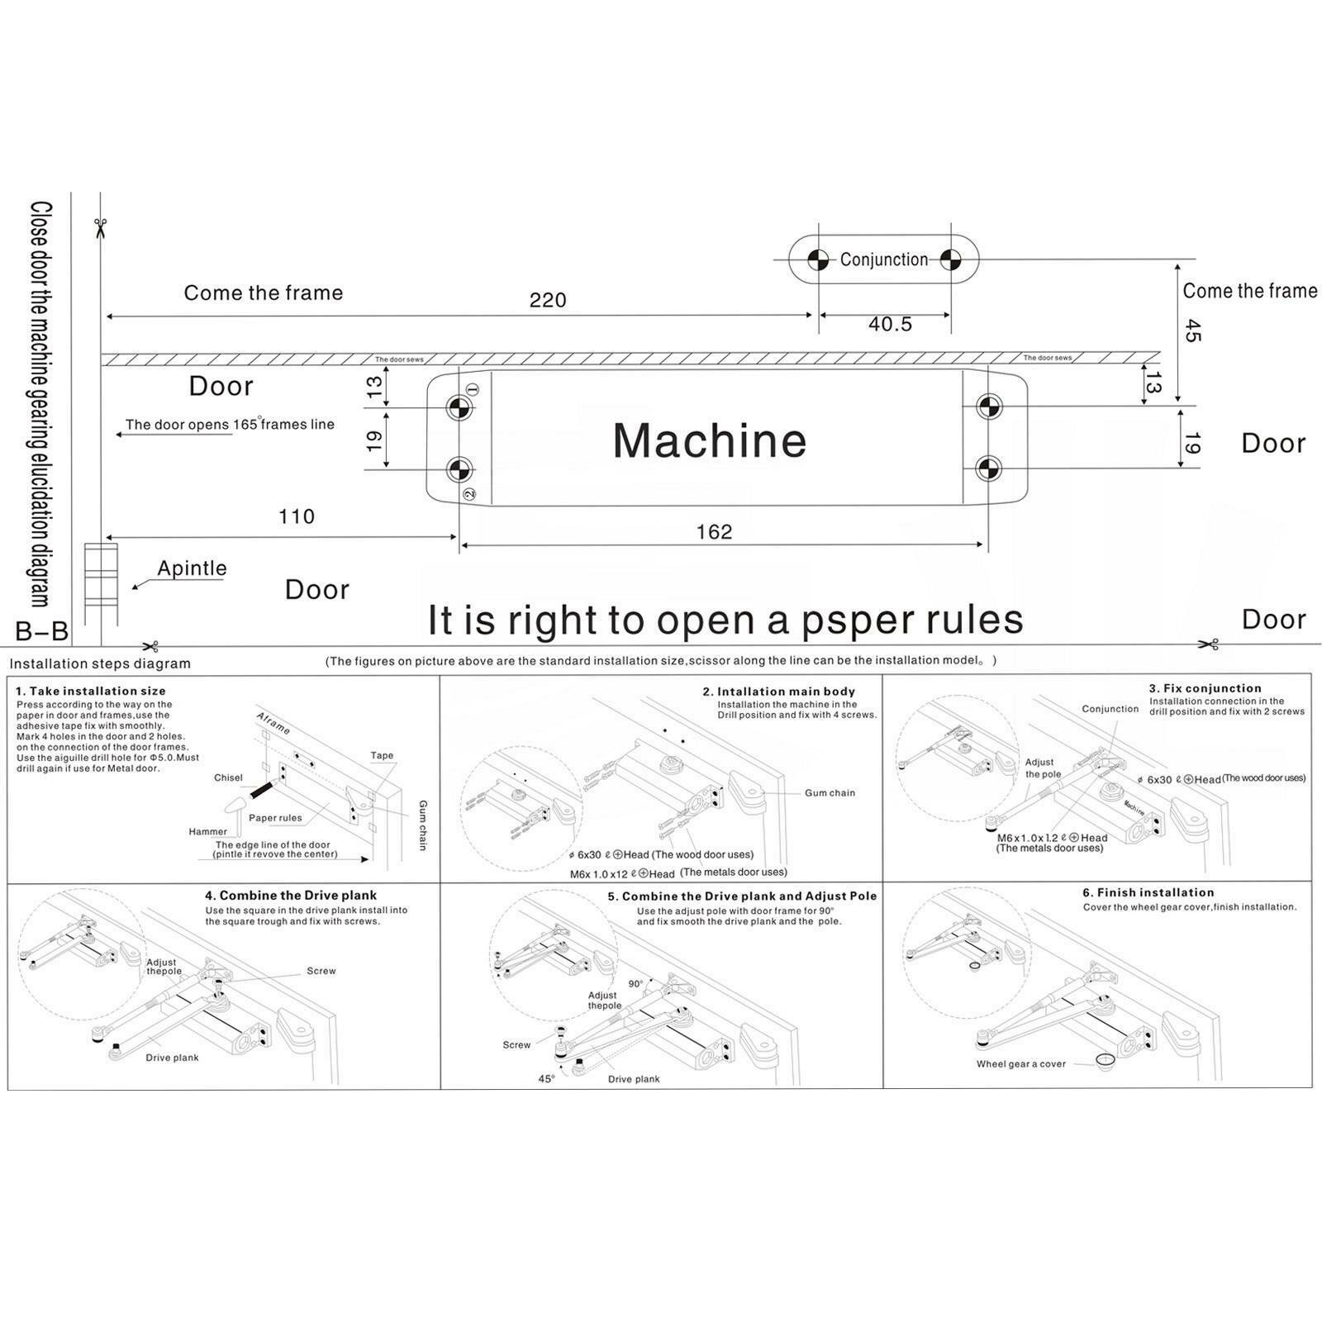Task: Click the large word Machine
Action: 709,440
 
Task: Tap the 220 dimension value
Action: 548,300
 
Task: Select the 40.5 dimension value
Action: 890,324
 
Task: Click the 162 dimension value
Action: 714,532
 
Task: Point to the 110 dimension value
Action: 297,517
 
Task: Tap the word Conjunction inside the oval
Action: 884,259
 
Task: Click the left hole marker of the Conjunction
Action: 818,259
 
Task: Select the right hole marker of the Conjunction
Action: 951,259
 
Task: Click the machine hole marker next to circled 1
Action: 459,407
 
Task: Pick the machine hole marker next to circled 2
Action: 459,469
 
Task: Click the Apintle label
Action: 192,568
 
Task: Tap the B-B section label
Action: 41,632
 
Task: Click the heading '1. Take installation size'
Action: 91,691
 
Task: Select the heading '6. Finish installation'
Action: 1148,892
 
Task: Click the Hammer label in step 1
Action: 207,831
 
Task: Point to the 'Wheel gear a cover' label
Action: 1021,1064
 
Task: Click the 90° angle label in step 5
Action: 635,984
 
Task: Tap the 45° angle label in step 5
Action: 546,1079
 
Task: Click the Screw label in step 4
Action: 321,971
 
